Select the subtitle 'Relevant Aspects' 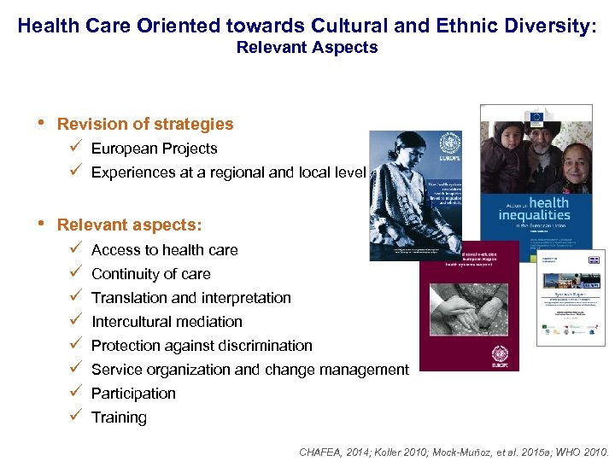(307, 47)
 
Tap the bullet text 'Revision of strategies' (144, 124)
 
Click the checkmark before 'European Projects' (76, 148)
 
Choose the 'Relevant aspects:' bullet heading (129, 225)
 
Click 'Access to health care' (164, 250)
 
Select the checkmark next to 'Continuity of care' (76, 273)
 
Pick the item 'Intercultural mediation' (167, 322)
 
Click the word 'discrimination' (264, 346)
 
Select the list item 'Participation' (133, 394)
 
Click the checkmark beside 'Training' (76, 417)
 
